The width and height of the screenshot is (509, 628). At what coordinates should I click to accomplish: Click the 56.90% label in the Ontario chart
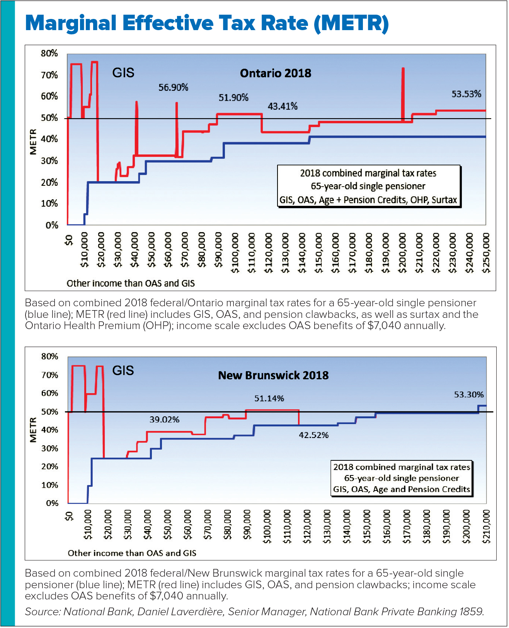[x=173, y=88]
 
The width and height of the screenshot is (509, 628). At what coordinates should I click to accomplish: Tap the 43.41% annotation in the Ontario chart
[x=283, y=106]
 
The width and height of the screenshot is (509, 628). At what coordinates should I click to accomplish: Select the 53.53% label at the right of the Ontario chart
[x=466, y=94]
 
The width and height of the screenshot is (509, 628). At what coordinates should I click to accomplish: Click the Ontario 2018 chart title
[x=276, y=73]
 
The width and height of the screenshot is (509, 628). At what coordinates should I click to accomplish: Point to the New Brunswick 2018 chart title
[x=273, y=375]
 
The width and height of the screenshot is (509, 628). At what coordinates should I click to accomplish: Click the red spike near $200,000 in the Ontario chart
[x=403, y=93]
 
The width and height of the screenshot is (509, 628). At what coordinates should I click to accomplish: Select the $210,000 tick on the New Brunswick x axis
[x=487, y=526]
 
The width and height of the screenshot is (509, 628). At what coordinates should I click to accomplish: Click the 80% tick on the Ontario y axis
[x=49, y=53]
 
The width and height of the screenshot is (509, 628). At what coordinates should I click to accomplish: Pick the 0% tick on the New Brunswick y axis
[x=52, y=503]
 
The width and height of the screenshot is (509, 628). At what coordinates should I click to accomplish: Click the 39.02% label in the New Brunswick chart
[x=164, y=420]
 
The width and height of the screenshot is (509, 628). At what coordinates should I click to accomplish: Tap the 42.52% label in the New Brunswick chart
[x=313, y=435]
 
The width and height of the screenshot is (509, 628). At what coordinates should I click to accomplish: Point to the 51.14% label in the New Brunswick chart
[x=269, y=398]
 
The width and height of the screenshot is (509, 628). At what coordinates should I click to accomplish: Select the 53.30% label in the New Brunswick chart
[x=469, y=395]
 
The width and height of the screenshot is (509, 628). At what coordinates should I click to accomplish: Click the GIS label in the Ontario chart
[x=123, y=73]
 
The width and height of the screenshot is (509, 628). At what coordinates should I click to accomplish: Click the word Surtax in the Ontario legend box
[x=444, y=200]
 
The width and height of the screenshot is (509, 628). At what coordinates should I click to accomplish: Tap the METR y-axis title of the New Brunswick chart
[x=33, y=429]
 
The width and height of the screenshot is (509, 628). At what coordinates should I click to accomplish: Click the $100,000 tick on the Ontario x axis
[x=235, y=253]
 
